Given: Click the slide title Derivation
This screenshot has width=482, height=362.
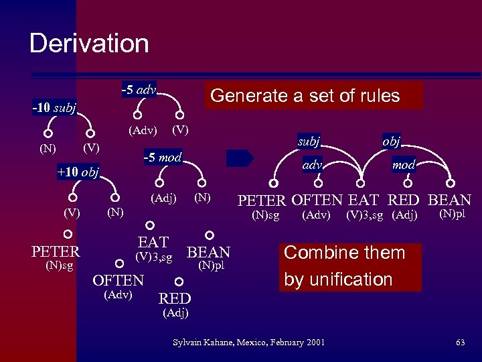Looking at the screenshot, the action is pyautogui.click(x=89, y=44).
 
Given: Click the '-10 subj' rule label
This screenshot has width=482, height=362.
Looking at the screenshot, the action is pyautogui.click(x=54, y=107).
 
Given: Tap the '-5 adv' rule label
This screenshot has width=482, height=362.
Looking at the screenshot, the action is pyautogui.click(x=139, y=89).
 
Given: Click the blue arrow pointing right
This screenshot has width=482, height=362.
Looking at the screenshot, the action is pyautogui.click(x=240, y=158).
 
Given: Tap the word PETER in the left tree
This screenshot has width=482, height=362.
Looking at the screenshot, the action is pyautogui.click(x=56, y=252).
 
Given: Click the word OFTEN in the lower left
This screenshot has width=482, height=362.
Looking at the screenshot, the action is pyautogui.click(x=118, y=280).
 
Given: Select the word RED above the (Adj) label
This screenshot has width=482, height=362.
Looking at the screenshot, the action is pyautogui.click(x=175, y=298).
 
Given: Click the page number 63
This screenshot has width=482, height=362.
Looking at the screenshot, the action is pyautogui.click(x=460, y=343).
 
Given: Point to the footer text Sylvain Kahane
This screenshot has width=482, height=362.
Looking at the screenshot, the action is pyautogui.click(x=248, y=343).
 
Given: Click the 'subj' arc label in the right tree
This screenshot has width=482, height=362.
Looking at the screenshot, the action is pyautogui.click(x=309, y=141).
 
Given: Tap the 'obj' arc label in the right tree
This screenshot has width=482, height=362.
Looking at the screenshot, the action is pyautogui.click(x=392, y=141).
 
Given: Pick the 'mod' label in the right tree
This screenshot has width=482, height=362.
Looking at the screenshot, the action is pyautogui.click(x=404, y=164).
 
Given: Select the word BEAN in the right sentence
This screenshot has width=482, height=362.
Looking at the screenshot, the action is pyautogui.click(x=449, y=200).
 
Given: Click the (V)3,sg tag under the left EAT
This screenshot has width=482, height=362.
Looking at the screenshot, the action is pyautogui.click(x=154, y=257).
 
